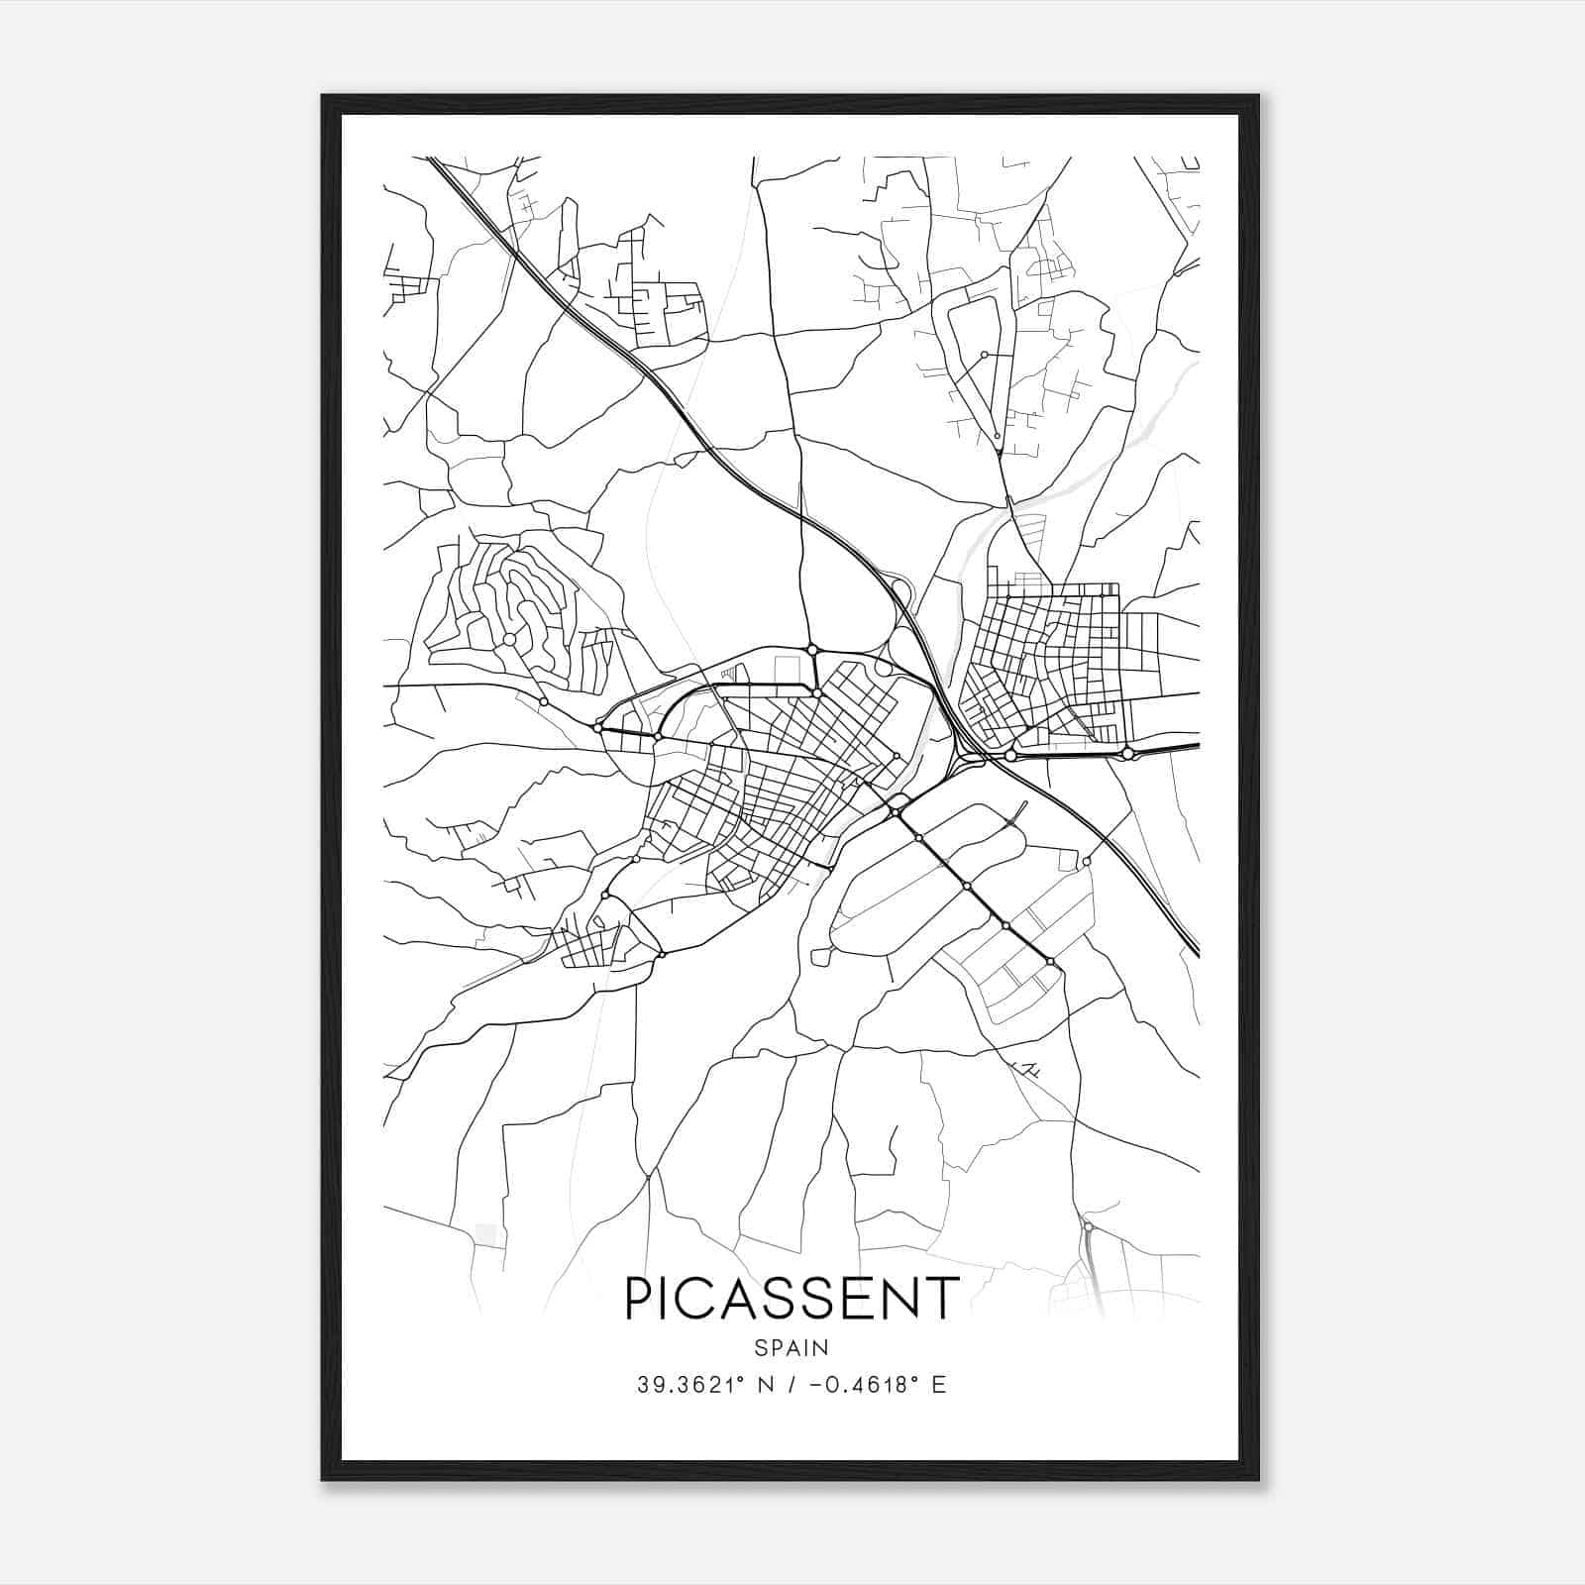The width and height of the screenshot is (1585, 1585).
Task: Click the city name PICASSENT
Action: (x=792, y=1298)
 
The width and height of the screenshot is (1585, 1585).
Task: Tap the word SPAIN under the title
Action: (x=792, y=1348)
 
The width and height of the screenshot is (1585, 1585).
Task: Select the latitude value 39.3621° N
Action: (x=706, y=1385)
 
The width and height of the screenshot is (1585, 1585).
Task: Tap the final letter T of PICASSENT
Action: (x=943, y=1298)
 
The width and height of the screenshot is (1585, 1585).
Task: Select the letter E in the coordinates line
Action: (x=939, y=1385)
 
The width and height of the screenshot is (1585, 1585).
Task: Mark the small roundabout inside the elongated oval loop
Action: (x=984, y=355)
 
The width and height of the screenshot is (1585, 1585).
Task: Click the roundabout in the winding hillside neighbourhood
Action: (x=509, y=641)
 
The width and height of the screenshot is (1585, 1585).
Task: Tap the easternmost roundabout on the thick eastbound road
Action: (x=1127, y=754)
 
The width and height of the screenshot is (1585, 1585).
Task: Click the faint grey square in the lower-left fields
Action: (x=485, y=1233)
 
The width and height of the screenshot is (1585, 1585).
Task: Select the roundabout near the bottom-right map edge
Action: (x=1088, y=1227)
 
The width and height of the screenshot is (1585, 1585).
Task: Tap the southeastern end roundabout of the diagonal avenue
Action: (x=1050, y=961)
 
